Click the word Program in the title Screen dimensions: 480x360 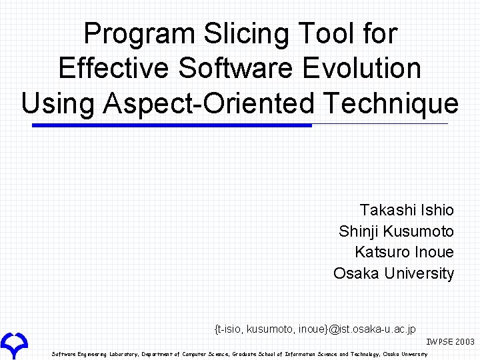[139, 34]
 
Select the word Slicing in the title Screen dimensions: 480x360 [246, 34]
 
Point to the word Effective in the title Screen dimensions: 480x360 [113, 67]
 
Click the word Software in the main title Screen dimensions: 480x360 [235, 67]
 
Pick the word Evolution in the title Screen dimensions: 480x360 [361, 67]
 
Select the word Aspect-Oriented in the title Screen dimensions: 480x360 [209, 103]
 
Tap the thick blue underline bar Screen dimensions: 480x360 [172, 125]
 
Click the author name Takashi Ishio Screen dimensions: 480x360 [407, 210]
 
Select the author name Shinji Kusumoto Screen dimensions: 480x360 [396, 231]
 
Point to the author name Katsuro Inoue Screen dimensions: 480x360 [405, 252]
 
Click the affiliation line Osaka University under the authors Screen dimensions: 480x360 [394, 273]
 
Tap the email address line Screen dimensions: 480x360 [315, 329]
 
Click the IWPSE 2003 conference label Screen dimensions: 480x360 [450, 341]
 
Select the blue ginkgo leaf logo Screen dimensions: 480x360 [14, 345]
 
